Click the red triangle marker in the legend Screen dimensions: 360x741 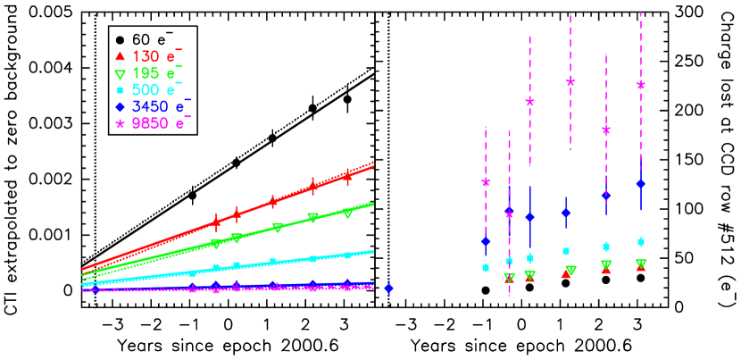click(120, 56)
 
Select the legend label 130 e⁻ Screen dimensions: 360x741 click(157, 55)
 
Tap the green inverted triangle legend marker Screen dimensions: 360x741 click(120, 74)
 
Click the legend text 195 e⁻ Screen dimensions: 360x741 click(157, 72)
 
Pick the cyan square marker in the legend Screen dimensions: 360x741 click(120, 91)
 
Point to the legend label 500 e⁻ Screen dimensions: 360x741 click(157, 89)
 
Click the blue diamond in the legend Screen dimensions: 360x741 click(120, 107)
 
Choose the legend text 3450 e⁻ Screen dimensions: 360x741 click(161, 106)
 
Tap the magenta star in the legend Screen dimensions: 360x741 click(120, 124)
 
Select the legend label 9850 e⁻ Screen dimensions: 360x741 click(161, 123)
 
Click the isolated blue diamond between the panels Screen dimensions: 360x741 click(388, 288)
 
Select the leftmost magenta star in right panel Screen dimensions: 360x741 click(486, 182)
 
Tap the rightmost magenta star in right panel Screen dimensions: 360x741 click(640, 86)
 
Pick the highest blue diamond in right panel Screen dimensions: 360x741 click(640, 184)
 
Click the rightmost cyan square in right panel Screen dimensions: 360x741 click(640, 242)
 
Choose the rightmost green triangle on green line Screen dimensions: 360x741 click(347, 213)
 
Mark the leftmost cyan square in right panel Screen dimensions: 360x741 click(486, 267)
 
